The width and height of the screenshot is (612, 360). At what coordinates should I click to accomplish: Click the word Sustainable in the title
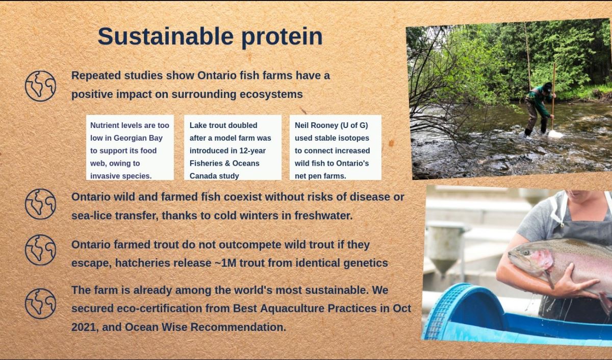[x=166, y=36]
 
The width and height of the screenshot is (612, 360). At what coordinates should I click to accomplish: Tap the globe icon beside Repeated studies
[x=40, y=86]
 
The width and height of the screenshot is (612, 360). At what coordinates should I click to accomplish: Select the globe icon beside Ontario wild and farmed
[x=40, y=204]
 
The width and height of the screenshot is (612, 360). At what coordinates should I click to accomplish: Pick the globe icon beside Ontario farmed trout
[x=40, y=250]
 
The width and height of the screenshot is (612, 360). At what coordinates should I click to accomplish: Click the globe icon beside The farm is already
[x=40, y=303]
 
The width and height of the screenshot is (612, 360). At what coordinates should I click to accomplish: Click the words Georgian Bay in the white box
[x=138, y=138]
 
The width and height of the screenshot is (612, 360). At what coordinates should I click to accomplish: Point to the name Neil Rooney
[x=316, y=125]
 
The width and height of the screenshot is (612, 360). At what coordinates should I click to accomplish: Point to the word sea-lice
[x=91, y=216]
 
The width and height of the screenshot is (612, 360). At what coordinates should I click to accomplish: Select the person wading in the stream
[x=539, y=109]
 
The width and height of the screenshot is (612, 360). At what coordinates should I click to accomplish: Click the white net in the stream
[x=555, y=134]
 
